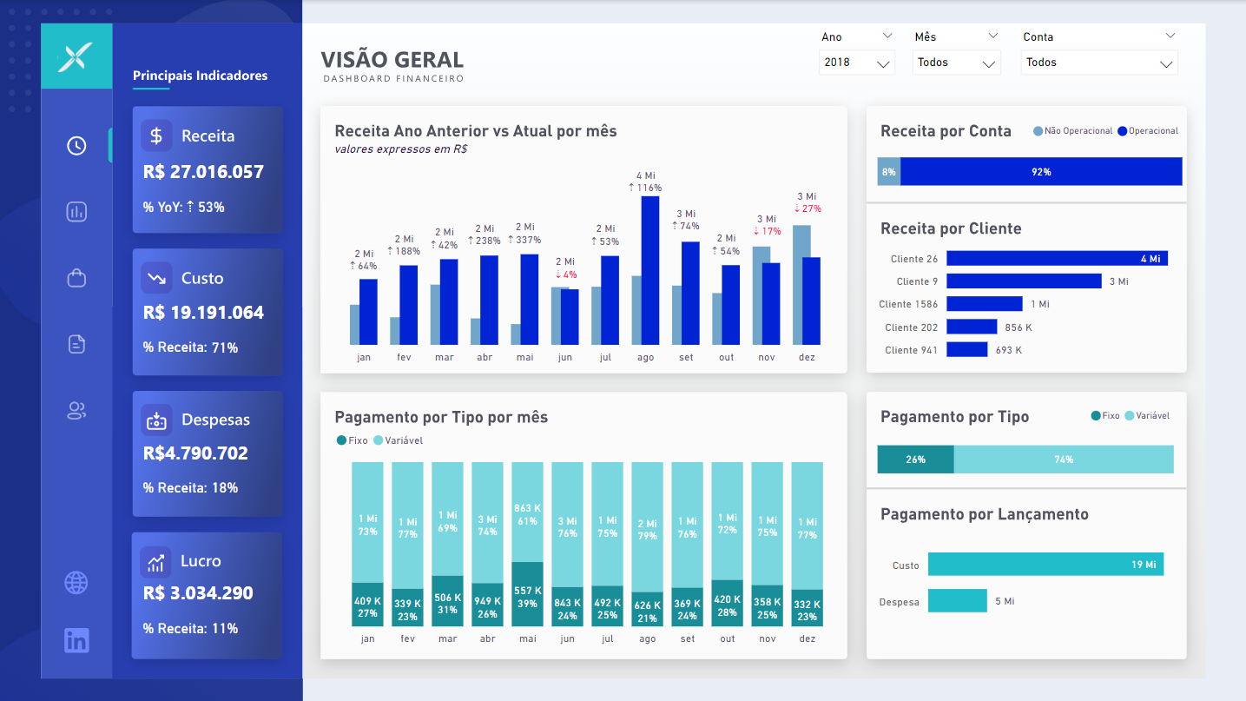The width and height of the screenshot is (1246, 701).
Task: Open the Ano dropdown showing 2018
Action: pyautogui.click(x=856, y=63)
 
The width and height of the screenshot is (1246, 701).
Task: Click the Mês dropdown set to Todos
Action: pyautogui.click(x=957, y=63)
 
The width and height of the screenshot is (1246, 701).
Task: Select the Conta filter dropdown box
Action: pyautogui.click(x=1098, y=63)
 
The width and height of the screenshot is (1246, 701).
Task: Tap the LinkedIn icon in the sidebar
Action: pyautogui.click(x=76, y=641)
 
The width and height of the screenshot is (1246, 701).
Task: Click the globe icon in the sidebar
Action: pyautogui.click(x=76, y=583)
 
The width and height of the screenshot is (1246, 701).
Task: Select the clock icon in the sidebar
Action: pyautogui.click(x=76, y=146)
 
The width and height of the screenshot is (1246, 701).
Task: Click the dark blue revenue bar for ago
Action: pyautogui.click(x=649, y=271)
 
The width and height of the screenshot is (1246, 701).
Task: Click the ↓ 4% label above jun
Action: pyautogui.click(x=564, y=274)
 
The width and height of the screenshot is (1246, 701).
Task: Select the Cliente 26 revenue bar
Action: pyautogui.click(x=1057, y=259)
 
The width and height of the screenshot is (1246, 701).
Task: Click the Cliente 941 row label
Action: pyautogui.click(x=912, y=350)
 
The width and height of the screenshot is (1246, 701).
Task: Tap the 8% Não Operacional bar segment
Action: pyautogui.click(x=888, y=172)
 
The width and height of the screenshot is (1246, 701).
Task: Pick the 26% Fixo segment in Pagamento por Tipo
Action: pyautogui.click(x=915, y=460)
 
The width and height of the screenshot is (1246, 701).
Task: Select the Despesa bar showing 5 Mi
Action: pyautogui.click(x=957, y=601)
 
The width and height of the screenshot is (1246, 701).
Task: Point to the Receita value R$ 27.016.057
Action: pyautogui.click(x=203, y=172)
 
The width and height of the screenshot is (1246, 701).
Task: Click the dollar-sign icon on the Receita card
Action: pyautogui.click(x=156, y=136)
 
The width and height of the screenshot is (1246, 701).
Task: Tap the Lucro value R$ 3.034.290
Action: pyautogui.click(x=198, y=594)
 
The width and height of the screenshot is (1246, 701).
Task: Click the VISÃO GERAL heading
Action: pyautogui.click(x=392, y=60)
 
